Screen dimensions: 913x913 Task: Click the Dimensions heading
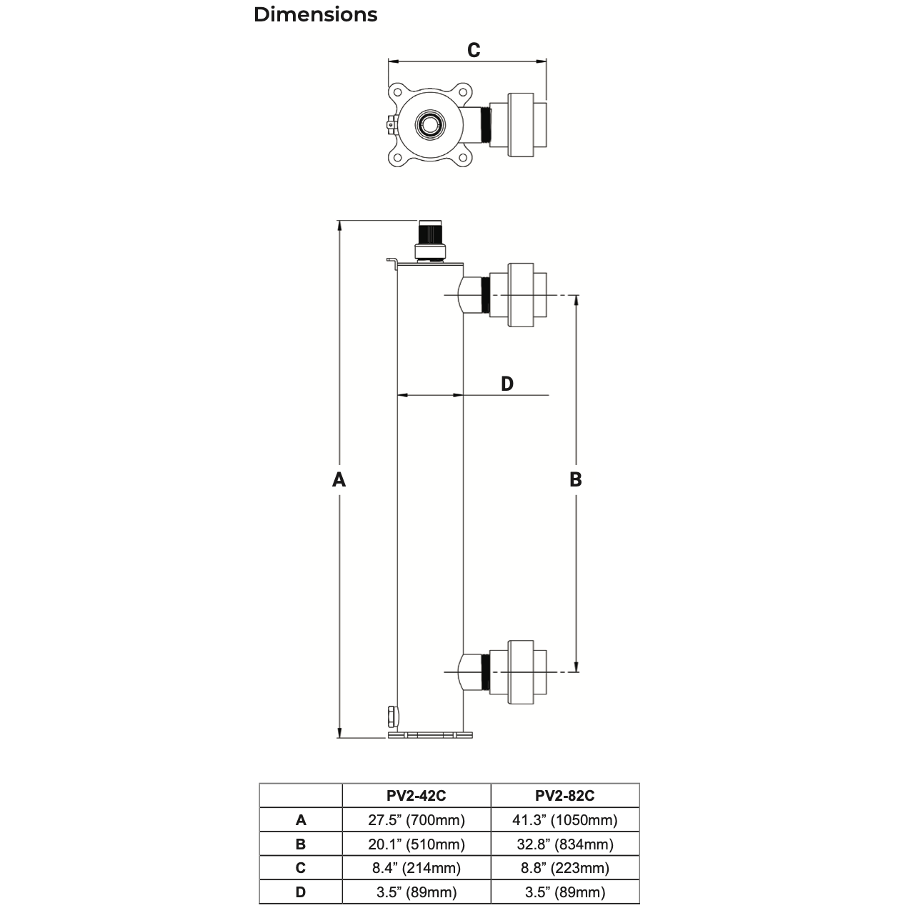pos(315,14)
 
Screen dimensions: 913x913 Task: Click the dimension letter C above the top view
pos(473,50)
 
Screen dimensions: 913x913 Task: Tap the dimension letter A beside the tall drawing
pos(339,479)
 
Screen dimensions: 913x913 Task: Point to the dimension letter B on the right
pos(576,479)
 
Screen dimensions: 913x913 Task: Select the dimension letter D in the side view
pos(507,384)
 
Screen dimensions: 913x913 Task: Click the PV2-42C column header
pos(416,795)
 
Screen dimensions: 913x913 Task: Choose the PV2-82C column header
pos(564,795)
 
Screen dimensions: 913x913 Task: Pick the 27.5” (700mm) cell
pos(416,819)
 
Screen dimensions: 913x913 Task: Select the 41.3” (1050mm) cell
pos(564,819)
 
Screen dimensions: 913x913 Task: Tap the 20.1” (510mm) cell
pos(416,844)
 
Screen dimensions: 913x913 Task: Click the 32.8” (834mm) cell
pos(564,844)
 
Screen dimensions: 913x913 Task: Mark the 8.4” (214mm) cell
pos(416,868)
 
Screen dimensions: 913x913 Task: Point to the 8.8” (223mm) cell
pos(564,868)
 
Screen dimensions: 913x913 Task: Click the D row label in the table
pos(301,892)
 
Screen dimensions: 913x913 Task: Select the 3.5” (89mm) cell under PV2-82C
pos(564,892)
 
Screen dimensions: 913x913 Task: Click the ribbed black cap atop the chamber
pos(430,233)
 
